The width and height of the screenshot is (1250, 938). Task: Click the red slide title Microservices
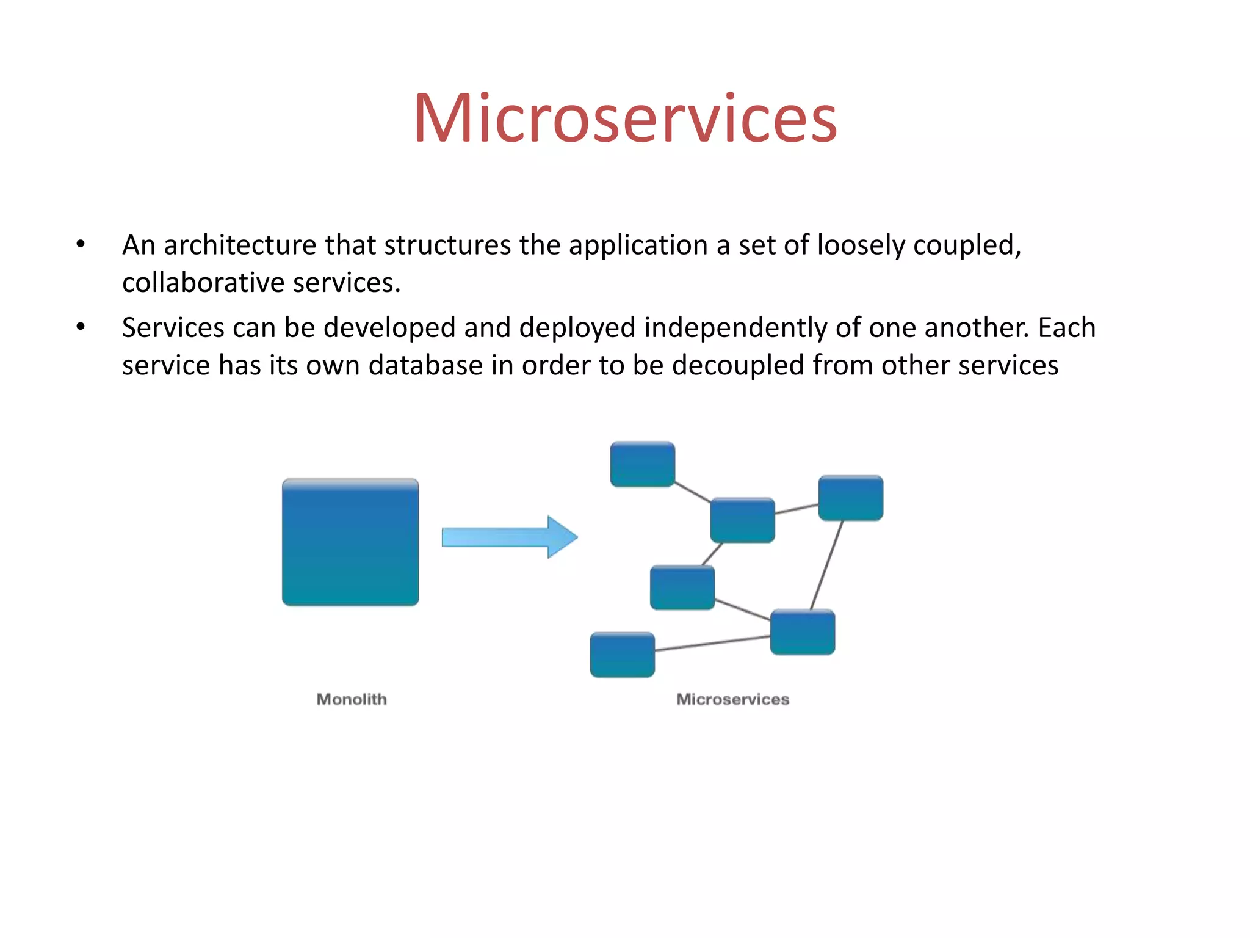(625, 118)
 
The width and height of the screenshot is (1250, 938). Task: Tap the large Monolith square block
(350, 542)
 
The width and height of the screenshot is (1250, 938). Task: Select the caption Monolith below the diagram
(352, 699)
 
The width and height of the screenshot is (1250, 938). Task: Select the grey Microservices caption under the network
(732, 699)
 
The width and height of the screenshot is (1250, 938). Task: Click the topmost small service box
(643, 465)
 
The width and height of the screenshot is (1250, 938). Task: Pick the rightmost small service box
(850, 498)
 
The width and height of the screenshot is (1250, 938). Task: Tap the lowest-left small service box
(622, 655)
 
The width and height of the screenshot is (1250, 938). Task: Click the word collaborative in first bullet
(203, 283)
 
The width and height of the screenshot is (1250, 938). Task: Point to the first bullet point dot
(81, 245)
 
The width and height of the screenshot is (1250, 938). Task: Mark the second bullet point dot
(81, 327)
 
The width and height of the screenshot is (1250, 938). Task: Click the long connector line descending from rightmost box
(827, 564)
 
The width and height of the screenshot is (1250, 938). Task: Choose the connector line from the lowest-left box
(712, 644)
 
